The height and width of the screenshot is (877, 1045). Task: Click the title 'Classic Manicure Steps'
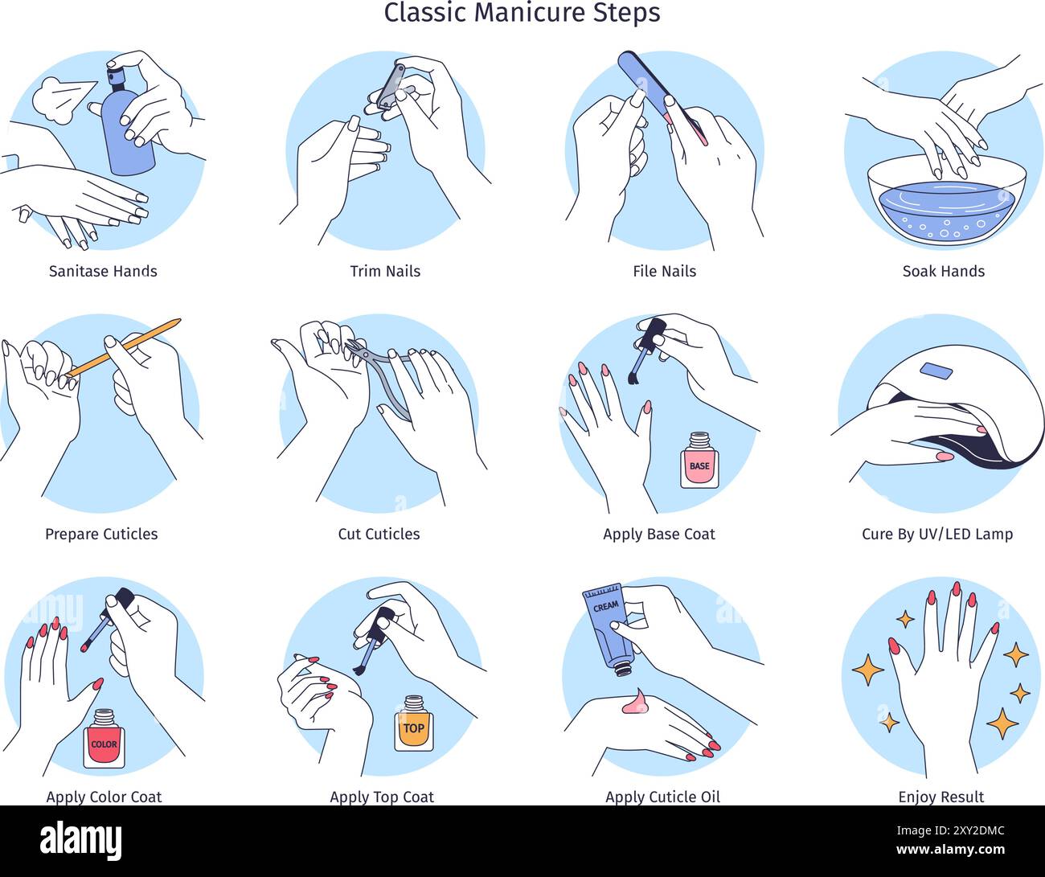[522, 14]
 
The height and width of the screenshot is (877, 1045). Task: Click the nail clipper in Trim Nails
[391, 87]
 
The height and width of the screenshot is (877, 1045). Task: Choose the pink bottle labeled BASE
[699, 462]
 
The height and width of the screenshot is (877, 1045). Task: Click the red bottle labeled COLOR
[104, 740]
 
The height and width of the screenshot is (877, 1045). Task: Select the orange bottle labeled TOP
[413, 725]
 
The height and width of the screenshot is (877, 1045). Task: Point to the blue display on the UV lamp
[936, 371]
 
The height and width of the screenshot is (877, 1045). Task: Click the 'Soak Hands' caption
[943, 272]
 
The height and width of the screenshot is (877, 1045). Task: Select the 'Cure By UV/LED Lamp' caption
[936, 535]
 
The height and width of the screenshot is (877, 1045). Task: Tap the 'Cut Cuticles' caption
[379, 535]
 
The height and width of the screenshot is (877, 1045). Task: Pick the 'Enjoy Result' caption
[940, 797]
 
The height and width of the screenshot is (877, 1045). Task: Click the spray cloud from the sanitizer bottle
[58, 96]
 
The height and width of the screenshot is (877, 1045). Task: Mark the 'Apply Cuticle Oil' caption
[662, 797]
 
